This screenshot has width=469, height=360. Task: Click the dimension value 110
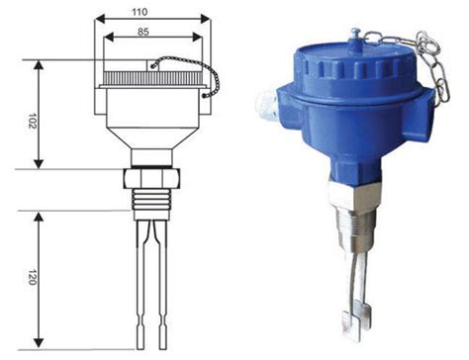coord(140,12)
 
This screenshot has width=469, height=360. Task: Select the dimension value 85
coord(143,32)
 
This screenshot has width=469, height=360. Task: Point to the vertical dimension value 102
coord(32,121)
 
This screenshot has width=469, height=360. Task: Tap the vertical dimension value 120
coord(32,277)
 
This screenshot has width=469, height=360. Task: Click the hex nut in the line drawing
coord(152,179)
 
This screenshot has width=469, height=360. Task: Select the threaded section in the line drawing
coord(152,200)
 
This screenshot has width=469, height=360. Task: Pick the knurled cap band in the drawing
coord(152,77)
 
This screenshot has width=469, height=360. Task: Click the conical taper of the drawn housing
coord(152,138)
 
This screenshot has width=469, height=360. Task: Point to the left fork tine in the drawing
coord(141,285)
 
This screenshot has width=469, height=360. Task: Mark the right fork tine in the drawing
coord(162,285)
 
